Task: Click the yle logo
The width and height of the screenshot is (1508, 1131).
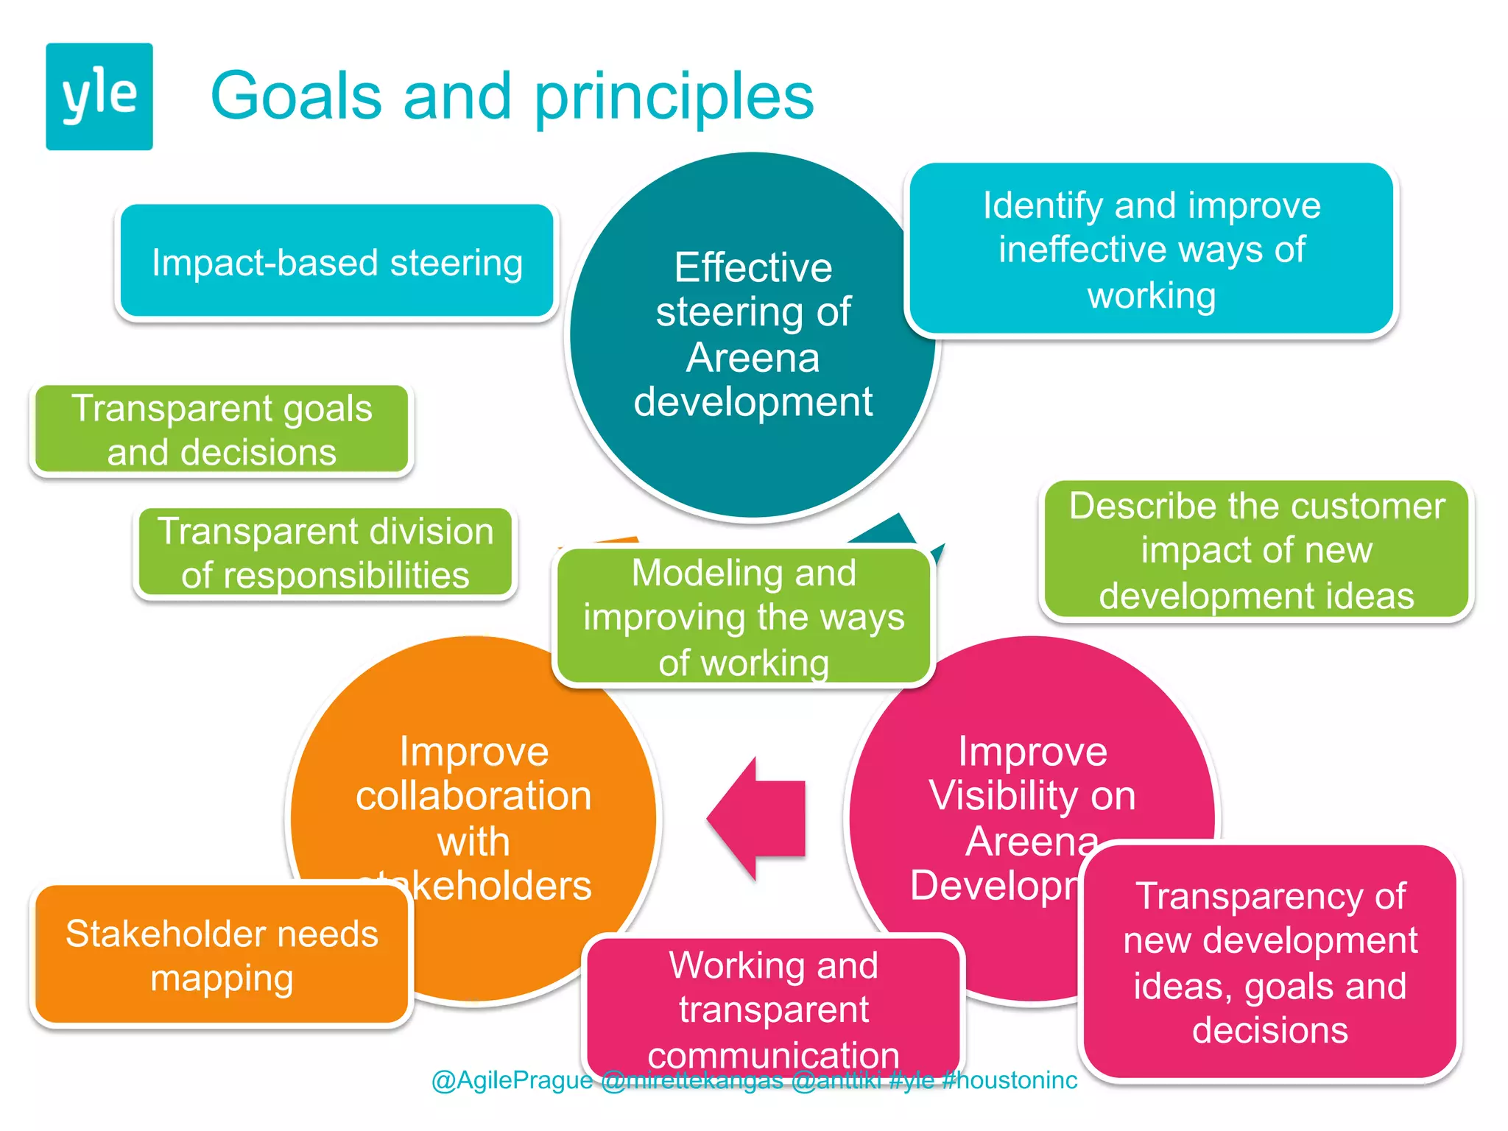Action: pos(99,96)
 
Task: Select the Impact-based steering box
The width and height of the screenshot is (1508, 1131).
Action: pos(337,262)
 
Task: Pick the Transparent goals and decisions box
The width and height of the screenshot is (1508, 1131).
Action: pos(222,430)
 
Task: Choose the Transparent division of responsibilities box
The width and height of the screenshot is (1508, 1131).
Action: pos(325,553)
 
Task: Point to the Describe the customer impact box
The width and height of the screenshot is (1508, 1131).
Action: pos(1256,550)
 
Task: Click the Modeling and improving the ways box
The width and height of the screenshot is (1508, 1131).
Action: pos(744,617)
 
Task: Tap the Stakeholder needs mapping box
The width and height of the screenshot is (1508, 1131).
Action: pos(222,955)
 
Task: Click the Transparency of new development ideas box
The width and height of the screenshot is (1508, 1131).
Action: pos(1269,962)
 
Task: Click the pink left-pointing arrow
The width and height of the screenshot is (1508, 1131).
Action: pos(758,818)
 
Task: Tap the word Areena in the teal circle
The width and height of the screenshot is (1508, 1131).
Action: pos(753,358)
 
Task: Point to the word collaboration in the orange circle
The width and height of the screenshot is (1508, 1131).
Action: pos(473,797)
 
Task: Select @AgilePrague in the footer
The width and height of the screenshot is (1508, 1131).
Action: pos(512,1080)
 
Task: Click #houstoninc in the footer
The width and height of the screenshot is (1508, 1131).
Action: pos(1010,1080)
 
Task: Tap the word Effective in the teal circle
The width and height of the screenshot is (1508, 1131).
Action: pos(753,267)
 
